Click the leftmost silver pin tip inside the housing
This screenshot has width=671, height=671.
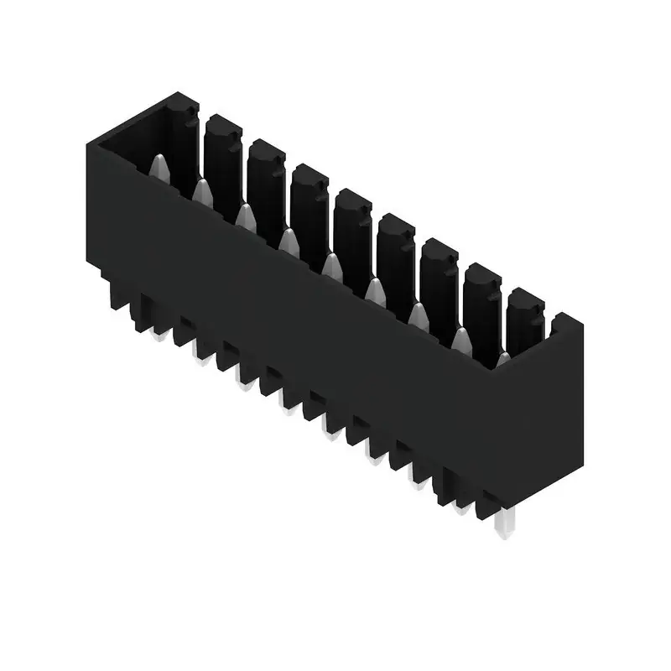(x=160, y=168)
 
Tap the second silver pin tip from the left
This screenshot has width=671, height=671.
(x=201, y=192)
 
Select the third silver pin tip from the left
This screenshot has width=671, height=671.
(x=245, y=216)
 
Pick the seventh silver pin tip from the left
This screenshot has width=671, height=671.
(x=418, y=314)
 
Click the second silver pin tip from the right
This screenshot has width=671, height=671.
(x=460, y=338)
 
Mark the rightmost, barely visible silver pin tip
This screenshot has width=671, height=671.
(x=502, y=359)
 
